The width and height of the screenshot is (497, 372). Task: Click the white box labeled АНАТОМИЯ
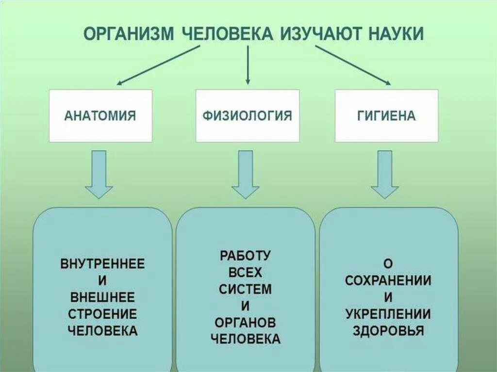100,115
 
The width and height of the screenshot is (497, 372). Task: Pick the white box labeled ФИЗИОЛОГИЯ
248,115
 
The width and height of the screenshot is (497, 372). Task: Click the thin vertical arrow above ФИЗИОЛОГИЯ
248,65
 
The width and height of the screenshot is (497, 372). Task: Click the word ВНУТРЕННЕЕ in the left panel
102,265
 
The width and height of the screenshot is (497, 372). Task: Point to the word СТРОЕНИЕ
102,314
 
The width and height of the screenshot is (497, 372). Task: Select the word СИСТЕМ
245,289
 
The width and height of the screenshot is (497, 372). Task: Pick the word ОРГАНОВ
245,323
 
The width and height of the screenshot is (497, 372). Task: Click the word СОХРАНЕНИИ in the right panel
388,281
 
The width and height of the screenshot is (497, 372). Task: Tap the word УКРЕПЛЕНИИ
388,314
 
